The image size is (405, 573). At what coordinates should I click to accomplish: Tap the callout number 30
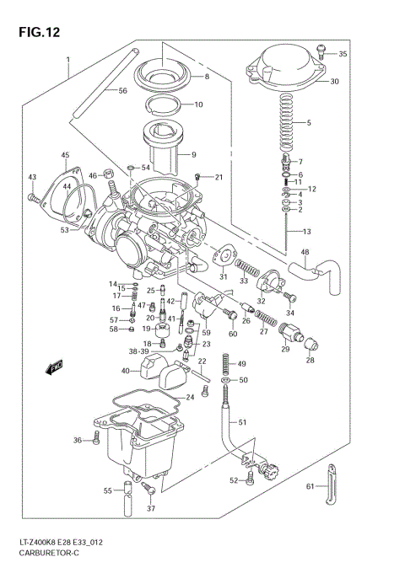(x=334, y=82)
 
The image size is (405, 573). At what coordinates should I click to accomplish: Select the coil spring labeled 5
(x=287, y=121)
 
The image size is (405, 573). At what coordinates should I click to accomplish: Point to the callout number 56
(x=122, y=90)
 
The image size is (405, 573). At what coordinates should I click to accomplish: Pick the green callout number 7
(x=310, y=161)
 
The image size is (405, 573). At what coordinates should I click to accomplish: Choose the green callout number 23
(x=206, y=344)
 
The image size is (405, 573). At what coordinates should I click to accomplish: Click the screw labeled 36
(x=97, y=438)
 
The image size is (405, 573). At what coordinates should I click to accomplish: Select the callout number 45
(x=65, y=156)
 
